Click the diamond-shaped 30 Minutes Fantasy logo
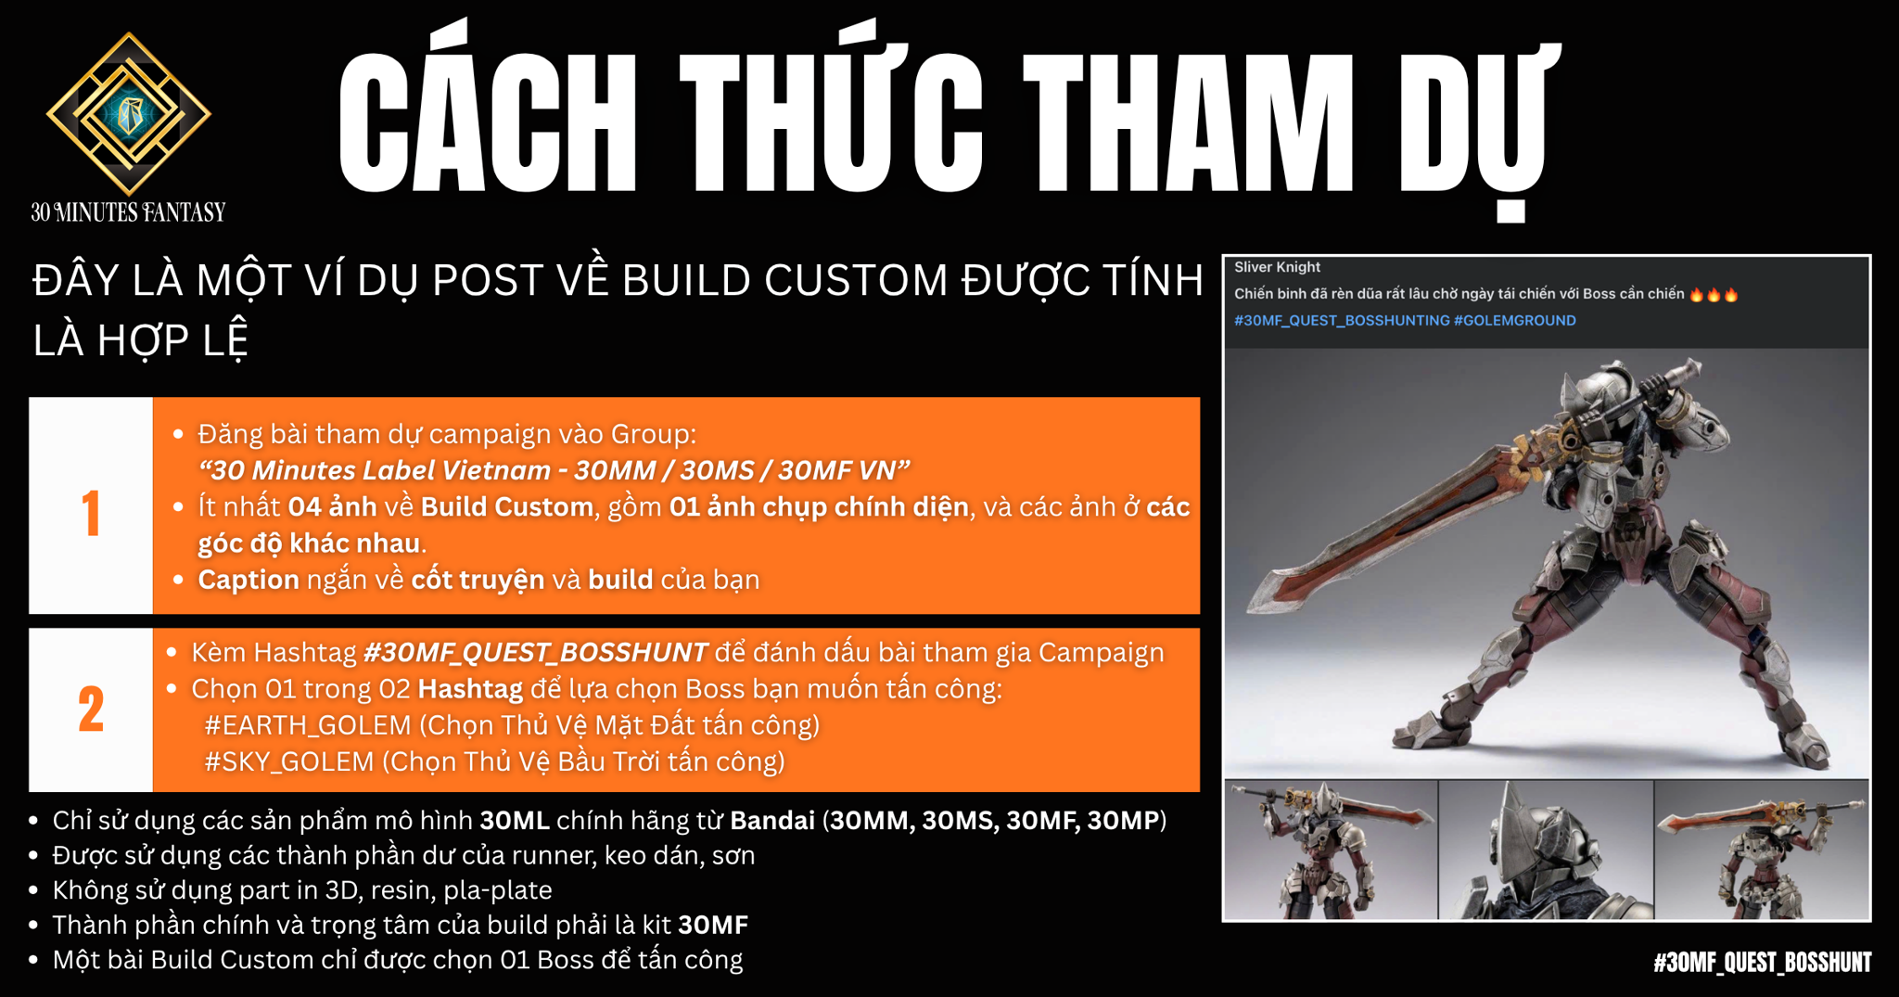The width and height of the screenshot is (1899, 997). (x=129, y=113)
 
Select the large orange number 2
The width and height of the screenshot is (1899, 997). (x=91, y=710)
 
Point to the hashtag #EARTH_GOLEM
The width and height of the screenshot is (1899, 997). (x=308, y=725)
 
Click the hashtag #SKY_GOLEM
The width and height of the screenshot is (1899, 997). (x=289, y=761)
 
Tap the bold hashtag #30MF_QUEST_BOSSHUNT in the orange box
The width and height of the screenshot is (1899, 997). (x=536, y=653)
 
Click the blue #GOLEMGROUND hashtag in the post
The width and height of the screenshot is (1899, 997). (x=1514, y=321)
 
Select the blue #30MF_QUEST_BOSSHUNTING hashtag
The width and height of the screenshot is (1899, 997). (x=1342, y=321)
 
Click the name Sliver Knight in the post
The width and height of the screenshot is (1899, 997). (x=1277, y=267)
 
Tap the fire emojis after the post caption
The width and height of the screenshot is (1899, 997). (x=1714, y=294)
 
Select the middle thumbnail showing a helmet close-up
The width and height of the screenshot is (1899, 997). (x=1546, y=850)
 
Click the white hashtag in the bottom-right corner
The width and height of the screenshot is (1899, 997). (x=1762, y=963)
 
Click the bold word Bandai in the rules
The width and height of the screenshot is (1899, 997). (x=772, y=821)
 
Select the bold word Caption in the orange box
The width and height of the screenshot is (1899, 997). (x=249, y=581)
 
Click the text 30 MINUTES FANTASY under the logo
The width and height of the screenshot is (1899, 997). (x=128, y=212)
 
